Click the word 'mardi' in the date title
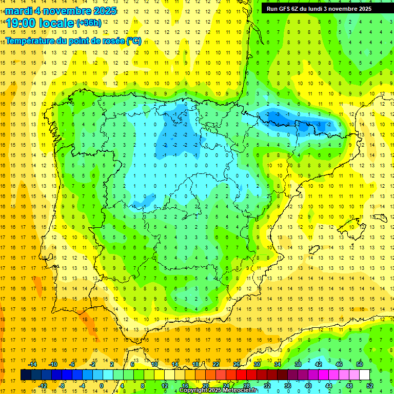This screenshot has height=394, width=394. click(x=18, y=11)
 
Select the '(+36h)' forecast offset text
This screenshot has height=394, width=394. click(x=89, y=23)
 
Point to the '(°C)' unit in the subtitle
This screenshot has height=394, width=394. click(x=133, y=41)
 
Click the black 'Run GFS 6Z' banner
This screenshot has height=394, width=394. click(x=323, y=8)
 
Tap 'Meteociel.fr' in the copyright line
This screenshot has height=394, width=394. click(x=240, y=390)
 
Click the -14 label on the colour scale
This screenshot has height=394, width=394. click(x=33, y=364)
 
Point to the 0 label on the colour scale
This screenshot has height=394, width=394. click(x=102, y=386)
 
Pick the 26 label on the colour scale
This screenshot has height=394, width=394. click(x=237, y=364)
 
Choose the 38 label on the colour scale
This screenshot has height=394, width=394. click(x=298, y=364)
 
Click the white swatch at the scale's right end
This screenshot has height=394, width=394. click(x=364, y=375)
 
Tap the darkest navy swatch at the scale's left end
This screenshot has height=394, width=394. click(x=26, y=375)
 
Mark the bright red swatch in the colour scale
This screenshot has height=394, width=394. click(x=241, y=375)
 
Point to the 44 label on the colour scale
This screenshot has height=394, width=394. click(x=329, y=386)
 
